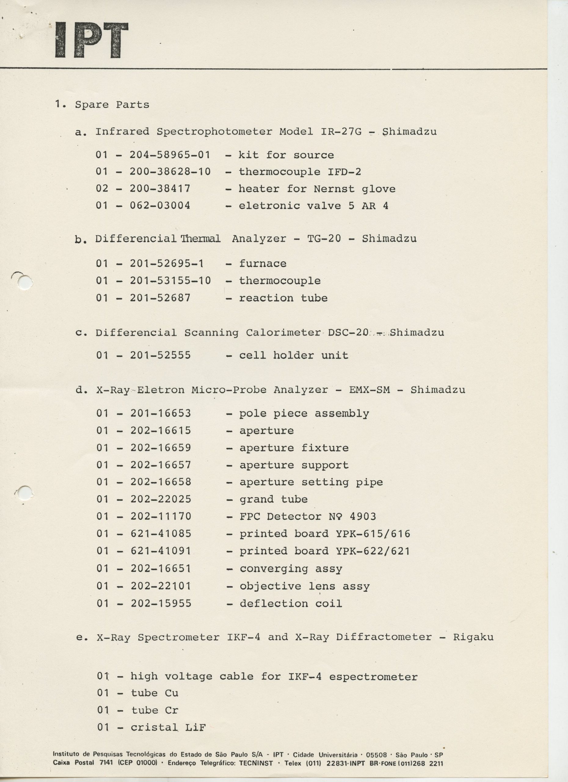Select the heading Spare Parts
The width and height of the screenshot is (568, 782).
click(112, 105)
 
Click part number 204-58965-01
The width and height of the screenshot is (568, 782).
click(170, 155)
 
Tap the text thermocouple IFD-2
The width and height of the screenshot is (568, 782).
click(300, 172)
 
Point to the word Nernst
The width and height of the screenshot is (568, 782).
click(334, 189)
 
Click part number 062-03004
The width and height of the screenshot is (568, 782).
click(160, 206)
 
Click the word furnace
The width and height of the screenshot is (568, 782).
click(263, 264)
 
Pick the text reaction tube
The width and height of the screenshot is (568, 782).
click(283, 298)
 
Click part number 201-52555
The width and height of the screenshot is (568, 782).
click(160, 356)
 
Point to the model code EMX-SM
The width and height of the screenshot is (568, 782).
click(370, 390)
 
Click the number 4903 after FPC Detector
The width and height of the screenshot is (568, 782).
click(363, 517)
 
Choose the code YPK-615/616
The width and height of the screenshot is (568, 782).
click(373, 534)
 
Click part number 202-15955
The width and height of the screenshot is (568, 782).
click(161, 603)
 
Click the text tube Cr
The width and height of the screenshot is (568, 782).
click(155, 710)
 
